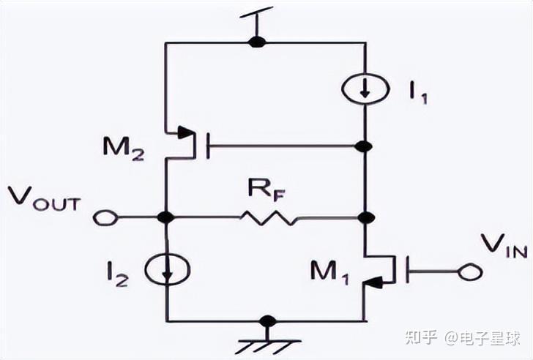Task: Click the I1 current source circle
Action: pos(364,90)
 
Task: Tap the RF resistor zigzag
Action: pos(269,218)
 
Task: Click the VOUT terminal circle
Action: pos(102,218)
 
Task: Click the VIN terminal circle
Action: pos(466,273)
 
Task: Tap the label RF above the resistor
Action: pos(261,191)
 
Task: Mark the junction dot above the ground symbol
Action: pos(269,320)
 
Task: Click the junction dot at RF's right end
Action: pos(364,218)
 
